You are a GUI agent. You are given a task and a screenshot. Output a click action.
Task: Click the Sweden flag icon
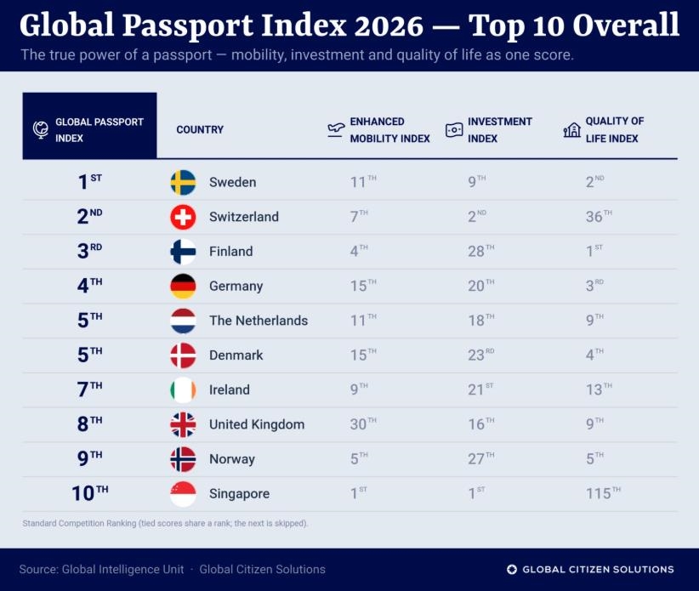point(183,182)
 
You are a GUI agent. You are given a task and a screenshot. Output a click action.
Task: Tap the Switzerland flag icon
point(183,217)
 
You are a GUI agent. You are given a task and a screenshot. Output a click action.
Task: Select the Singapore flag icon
point(183,494)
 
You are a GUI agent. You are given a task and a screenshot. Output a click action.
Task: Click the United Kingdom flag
point(183,424)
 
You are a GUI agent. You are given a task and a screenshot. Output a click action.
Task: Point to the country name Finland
point(231,252)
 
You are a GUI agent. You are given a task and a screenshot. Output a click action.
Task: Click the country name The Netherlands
point(259,321)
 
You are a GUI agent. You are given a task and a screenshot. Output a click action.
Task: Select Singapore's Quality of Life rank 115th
point(603,493)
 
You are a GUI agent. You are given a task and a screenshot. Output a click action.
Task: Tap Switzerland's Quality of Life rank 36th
point(600,216)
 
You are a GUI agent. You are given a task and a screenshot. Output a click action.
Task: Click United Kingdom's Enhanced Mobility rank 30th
point(363,423)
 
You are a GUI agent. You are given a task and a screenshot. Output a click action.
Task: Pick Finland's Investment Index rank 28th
point(481,251)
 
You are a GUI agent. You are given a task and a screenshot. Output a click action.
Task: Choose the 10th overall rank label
point(90,493)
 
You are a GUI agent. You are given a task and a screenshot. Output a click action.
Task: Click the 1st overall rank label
point(90,182)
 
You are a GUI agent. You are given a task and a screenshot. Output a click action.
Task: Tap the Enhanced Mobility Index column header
point(390,130)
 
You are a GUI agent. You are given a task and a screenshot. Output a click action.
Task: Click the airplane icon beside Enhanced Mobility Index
point(336,130)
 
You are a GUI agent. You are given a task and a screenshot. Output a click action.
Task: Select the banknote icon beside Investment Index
point(454,130)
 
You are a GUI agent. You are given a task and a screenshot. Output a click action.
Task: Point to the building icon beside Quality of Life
point(572,130)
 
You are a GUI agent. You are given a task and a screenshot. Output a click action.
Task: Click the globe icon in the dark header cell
point(41,130)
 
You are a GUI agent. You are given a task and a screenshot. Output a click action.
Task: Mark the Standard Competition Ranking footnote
point(165,523)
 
